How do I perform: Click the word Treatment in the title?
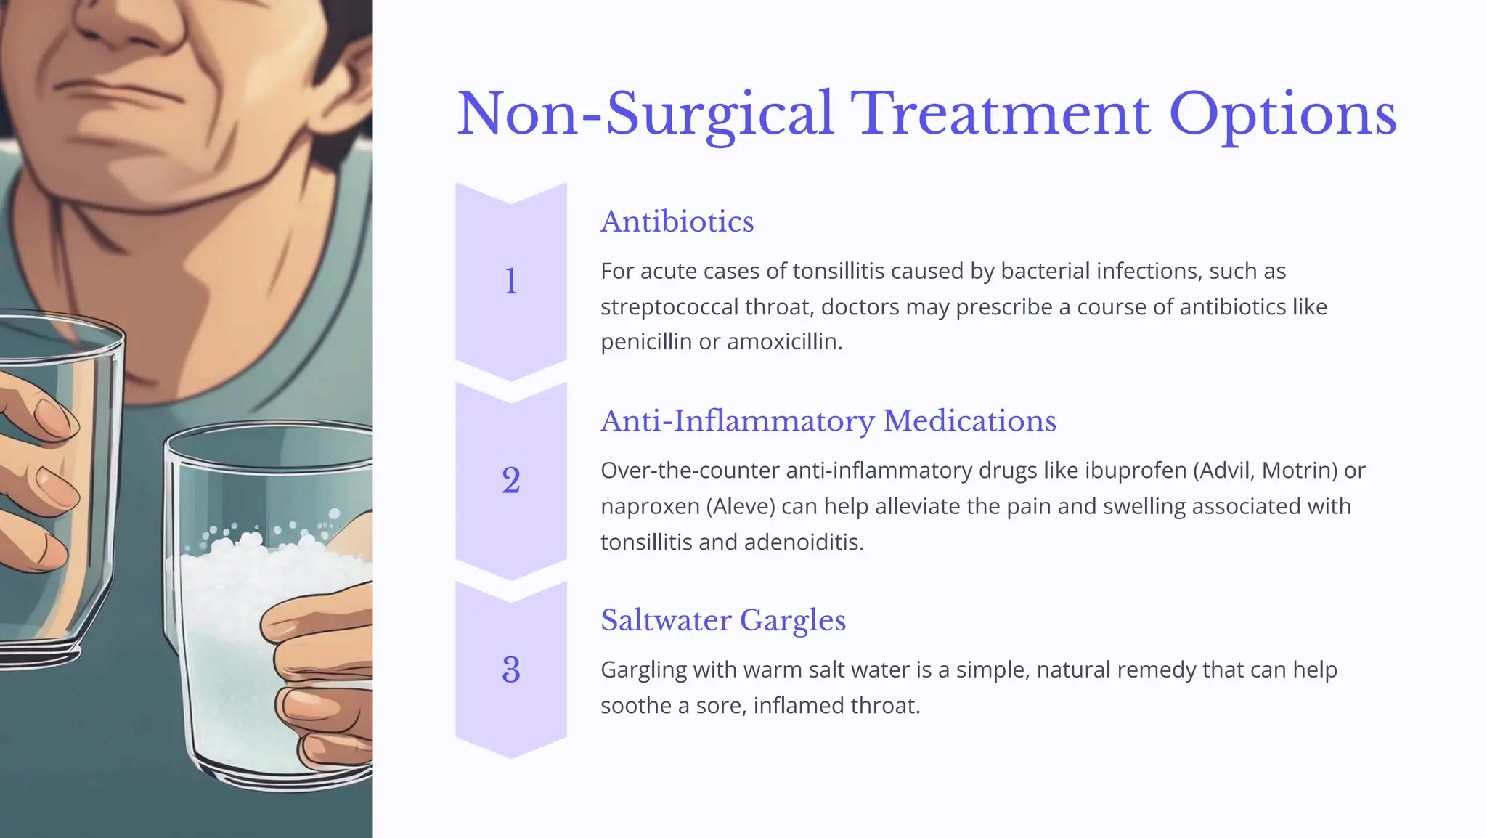point(1000,114)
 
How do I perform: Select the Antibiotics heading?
point(677,221)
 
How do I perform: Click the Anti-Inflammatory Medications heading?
point(828,421)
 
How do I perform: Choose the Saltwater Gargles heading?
point(723,620)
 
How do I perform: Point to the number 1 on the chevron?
point(511,282)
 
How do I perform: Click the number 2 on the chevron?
point(511,481)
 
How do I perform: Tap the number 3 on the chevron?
point(511,670)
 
